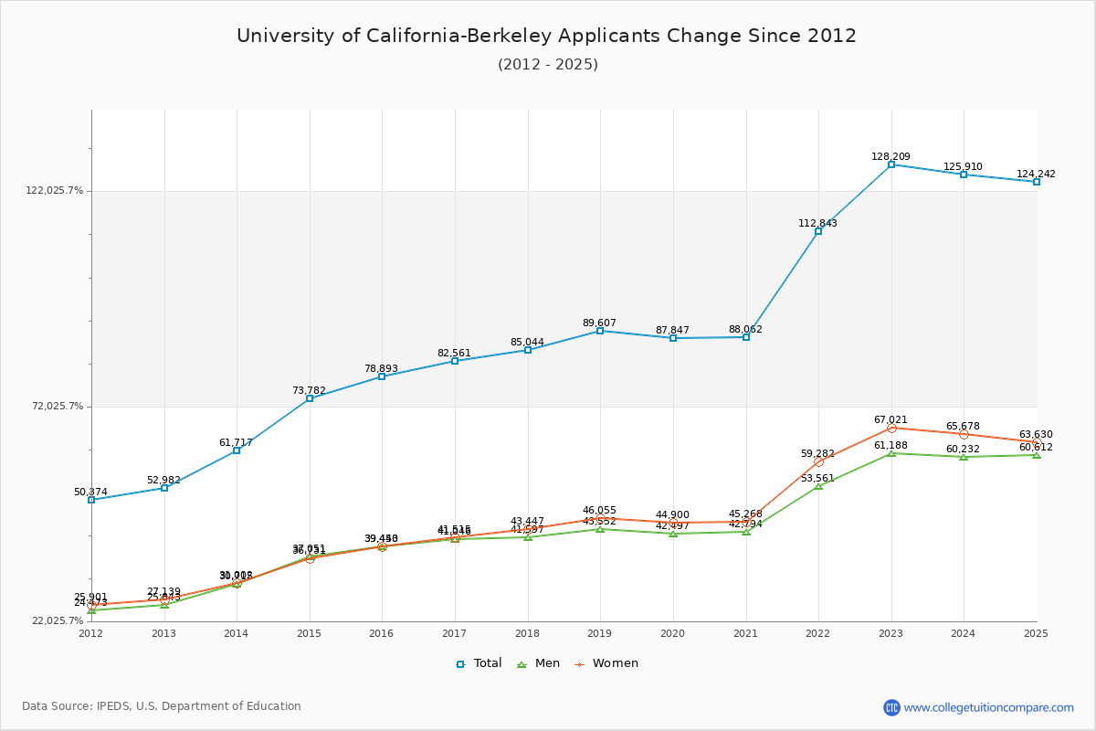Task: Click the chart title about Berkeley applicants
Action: (x=546, y=36)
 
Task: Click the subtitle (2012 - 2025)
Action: (x=548, y=65)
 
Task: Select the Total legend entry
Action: (x=479, y=663)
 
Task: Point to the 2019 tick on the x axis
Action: (x=600, y=632)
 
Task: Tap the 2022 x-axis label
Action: (x=818, y=632)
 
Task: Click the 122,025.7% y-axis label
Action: (x=54, y=191)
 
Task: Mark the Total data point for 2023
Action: (x=891, y=164)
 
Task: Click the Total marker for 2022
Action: (x=818, y=231)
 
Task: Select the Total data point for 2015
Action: (x=310, y=398)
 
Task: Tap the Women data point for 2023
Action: (x=891, y=428)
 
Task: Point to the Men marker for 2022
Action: (x=818, y=485)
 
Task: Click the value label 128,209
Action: (x=890, y=156)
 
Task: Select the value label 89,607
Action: (x=599, y=323)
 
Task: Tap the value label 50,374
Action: (x=90, y=492)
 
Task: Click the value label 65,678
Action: (x=963, y=426)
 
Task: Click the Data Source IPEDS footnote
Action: (x=162, y=706)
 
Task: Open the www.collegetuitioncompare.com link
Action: (x=988, y=707)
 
